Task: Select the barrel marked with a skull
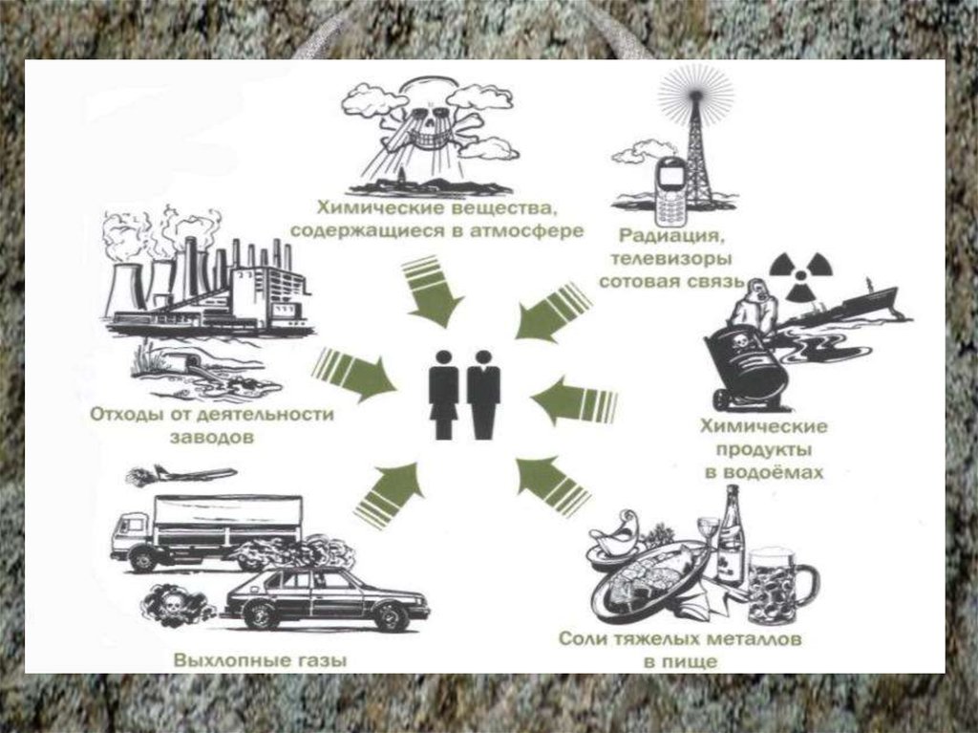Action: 746,363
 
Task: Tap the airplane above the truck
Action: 185,474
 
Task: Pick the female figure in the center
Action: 443,394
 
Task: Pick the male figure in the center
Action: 483,394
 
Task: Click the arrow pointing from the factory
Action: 352,370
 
